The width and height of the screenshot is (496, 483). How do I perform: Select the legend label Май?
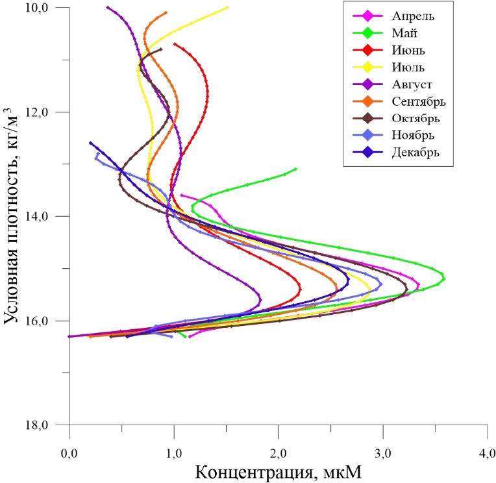tap(403, 32)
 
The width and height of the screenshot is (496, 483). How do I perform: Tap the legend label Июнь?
tap(407, 49)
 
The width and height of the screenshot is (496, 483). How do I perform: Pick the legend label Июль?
tap(408, 67)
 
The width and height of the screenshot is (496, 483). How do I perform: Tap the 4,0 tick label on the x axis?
tap(486, 452)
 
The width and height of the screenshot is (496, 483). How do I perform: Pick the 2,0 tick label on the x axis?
tap(278, 452)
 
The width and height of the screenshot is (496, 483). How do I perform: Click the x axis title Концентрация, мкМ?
tap(279, 471)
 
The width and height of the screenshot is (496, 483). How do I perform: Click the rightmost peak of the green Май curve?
tap(444, 277)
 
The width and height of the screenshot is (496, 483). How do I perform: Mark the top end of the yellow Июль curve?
tap(227, 7)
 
